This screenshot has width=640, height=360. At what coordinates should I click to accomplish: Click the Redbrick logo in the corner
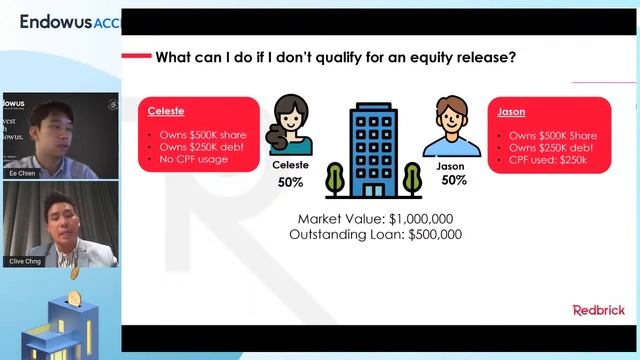(598, 310)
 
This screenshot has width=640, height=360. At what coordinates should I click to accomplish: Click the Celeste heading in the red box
(166, 112)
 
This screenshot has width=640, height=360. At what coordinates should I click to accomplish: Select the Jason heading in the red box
(511, 113)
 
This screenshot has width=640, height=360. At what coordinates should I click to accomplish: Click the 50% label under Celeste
(291, 184)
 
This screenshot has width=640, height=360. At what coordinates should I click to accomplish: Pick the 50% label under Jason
(454, 180)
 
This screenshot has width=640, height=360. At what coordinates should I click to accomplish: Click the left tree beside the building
(334, 178)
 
